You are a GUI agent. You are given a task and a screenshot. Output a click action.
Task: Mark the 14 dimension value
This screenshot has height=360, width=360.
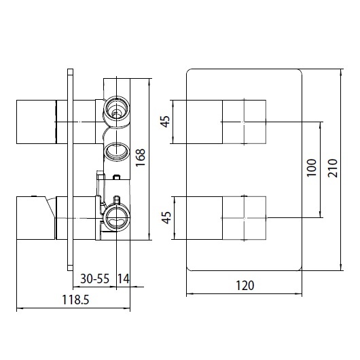[124, 278]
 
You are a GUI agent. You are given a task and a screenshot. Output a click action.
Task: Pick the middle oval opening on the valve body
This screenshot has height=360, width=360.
[116, 149]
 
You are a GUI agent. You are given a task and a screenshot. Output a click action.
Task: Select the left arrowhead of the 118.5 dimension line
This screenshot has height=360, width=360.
[18, 309]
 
